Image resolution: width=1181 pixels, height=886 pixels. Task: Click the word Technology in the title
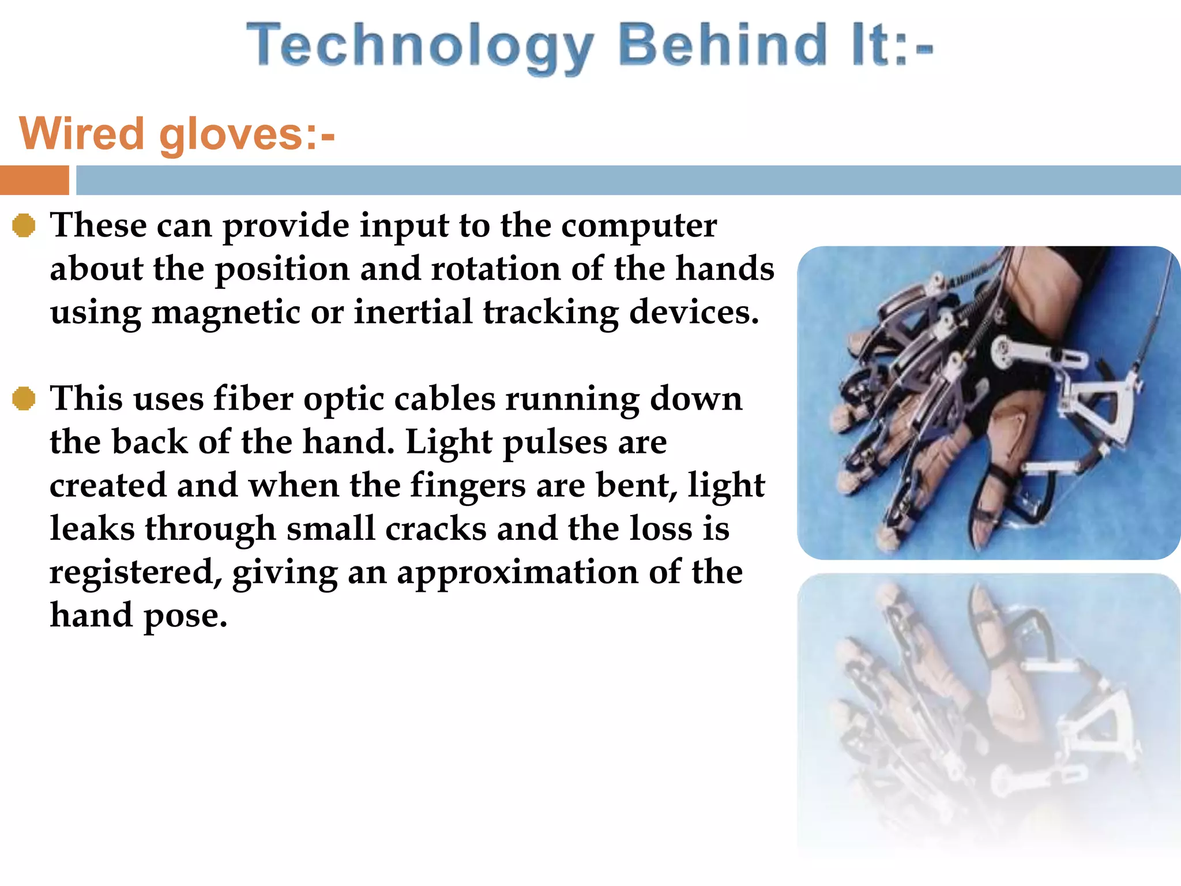point(420,46)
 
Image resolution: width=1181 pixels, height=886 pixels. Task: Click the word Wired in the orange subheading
point(81,134)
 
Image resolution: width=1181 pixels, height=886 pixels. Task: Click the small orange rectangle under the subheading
point(34,180)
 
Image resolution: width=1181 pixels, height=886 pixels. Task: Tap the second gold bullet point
point(24,399)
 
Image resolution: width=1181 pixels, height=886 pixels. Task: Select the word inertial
point(413,312)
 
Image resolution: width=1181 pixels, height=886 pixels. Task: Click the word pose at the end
point(185,615)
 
